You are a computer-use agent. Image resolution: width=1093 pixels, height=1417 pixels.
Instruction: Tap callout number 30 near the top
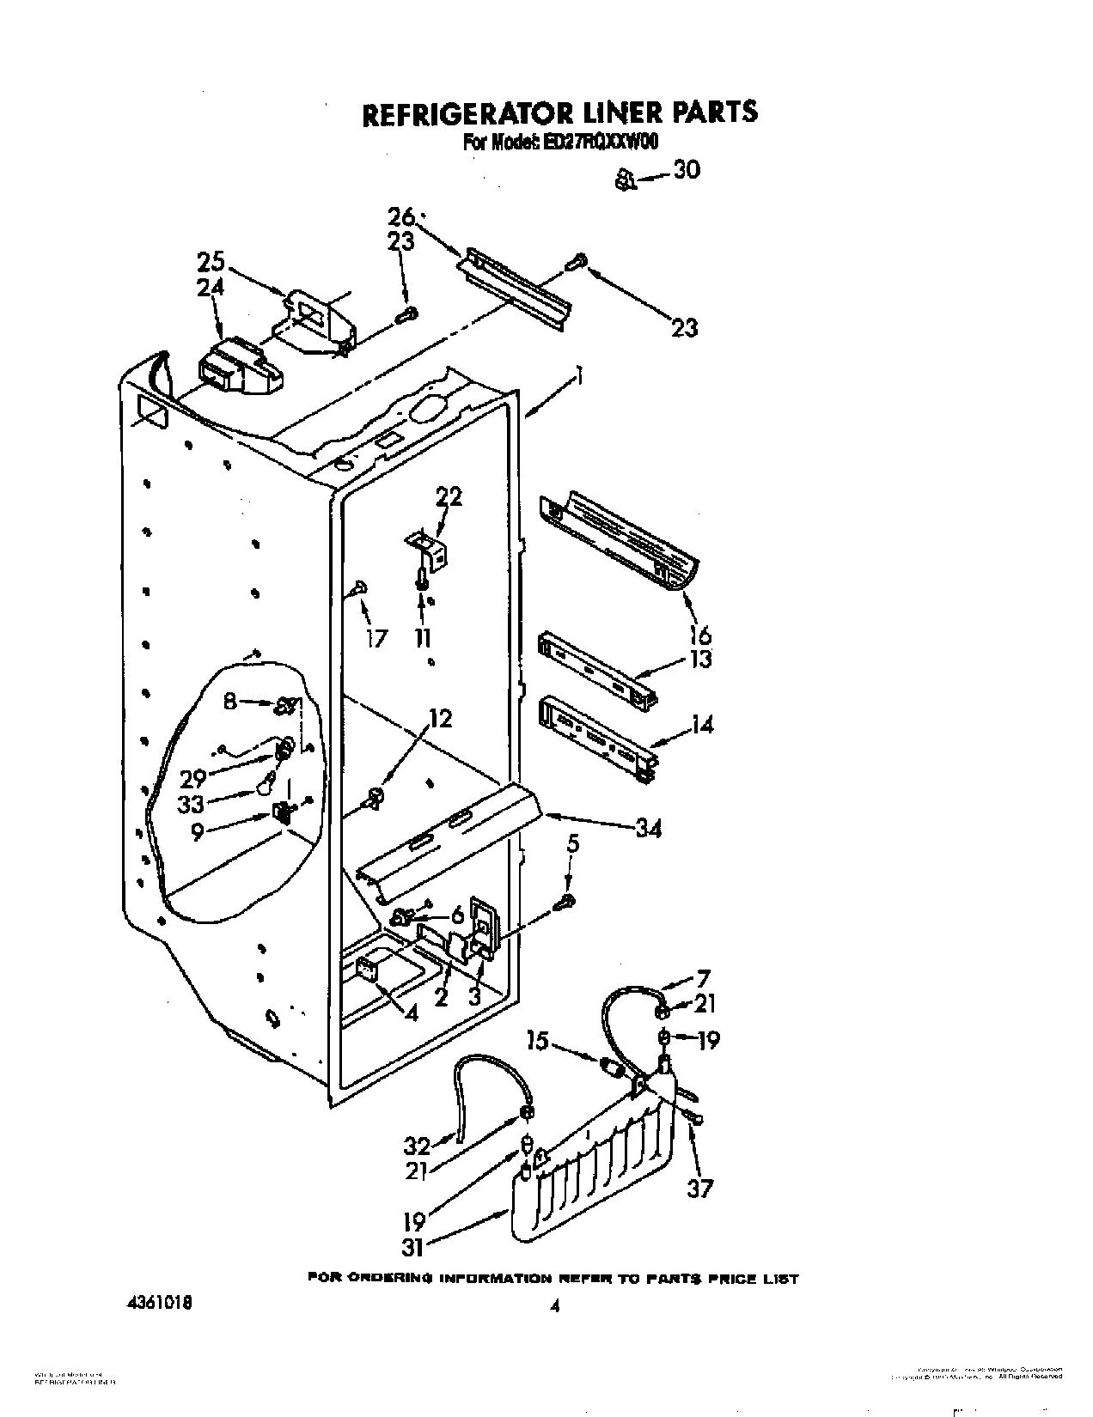coord(686,171)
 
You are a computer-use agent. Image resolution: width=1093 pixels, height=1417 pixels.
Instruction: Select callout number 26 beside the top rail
coord(400,216)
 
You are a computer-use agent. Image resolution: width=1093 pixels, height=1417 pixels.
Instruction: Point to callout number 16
coord(700,636)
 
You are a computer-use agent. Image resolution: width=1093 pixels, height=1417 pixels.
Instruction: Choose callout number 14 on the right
coord(702,726)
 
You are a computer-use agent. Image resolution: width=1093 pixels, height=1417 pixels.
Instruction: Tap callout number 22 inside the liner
coord(449,496)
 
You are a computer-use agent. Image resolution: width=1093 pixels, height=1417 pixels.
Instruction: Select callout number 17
coord(376,638)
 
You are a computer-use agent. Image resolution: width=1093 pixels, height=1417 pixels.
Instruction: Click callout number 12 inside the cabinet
coord(439,718)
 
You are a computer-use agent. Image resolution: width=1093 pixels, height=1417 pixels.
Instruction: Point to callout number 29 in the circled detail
coord(194,778)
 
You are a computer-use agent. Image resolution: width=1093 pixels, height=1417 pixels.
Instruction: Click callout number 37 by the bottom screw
coord(700,1189)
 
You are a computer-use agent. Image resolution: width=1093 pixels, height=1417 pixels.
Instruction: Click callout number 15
coord(539,1041)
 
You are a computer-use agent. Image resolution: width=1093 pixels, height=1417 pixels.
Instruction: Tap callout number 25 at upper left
coord(211,261)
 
